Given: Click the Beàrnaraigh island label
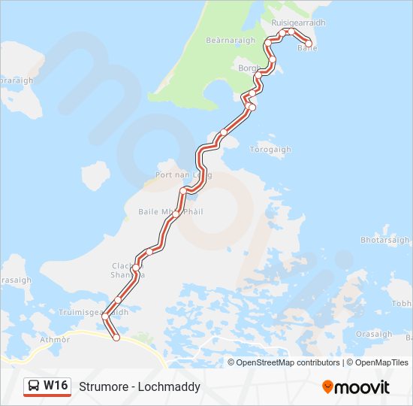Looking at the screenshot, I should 231,40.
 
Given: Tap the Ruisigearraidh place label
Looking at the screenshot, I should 299,23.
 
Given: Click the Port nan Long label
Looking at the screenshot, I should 183,174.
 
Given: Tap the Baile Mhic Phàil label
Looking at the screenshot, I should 170,212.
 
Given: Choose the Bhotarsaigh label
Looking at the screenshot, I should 385,240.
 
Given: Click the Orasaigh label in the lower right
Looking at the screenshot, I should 374,334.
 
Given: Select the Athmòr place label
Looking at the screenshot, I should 55,340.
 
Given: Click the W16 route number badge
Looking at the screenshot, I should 56,386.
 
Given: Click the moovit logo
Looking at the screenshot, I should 356,386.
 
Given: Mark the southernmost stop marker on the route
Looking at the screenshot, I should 116,338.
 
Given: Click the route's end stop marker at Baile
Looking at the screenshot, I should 308,44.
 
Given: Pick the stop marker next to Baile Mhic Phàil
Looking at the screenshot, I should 175,214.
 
